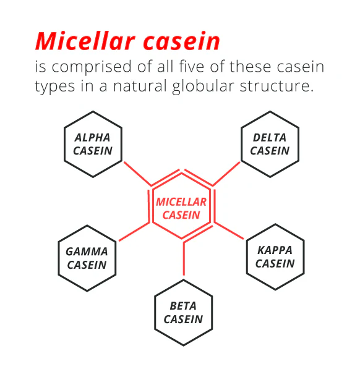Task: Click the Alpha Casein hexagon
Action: coord(64,144)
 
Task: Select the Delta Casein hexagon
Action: coord(241,144)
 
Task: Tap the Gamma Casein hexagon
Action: coord(58,258)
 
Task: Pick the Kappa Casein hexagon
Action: coord(247,257)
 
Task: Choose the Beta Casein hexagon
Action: coord(155,313)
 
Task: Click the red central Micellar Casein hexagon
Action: coord(153,206)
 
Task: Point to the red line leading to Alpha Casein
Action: coord(137,174)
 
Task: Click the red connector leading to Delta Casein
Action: coord(226,174)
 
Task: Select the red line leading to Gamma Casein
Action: coord(134,232)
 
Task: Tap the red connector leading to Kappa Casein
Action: coord(229,230)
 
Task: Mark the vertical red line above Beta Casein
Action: coord(184,259)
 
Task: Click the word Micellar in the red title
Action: coord(85,41)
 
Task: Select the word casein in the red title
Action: coord(182,41)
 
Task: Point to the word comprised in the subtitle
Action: coord(92,67)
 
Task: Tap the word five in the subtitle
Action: coord(191,66)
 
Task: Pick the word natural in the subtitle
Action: coord(140,85)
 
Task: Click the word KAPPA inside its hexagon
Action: coord(275,250)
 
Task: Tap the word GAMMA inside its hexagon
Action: coord(87,252)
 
